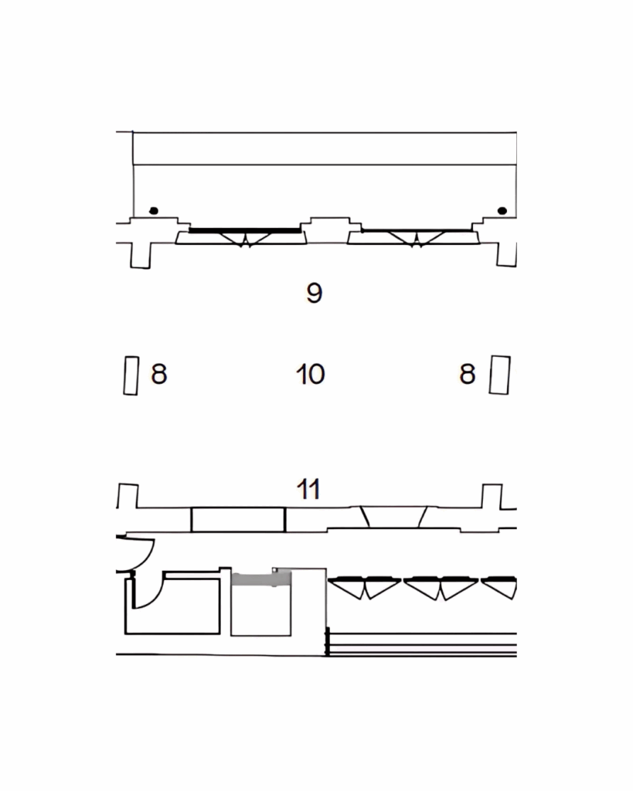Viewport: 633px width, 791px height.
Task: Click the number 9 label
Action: tap(314, 292)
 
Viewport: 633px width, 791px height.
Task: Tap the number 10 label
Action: tap(310, 375)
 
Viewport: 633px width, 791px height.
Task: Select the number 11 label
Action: tap(308, 489)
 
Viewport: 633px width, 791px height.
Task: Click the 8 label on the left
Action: tap(159, 375)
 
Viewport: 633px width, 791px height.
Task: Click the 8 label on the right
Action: tap(468, 375)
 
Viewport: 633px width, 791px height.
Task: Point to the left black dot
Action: tap(154, 210)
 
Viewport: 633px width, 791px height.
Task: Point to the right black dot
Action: tap(502, 210)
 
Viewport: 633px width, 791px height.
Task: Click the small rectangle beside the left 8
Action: tap(131, 375)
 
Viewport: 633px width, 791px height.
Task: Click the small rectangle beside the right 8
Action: tap(500, 375)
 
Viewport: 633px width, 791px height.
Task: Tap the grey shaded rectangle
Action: tap(261, 579)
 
